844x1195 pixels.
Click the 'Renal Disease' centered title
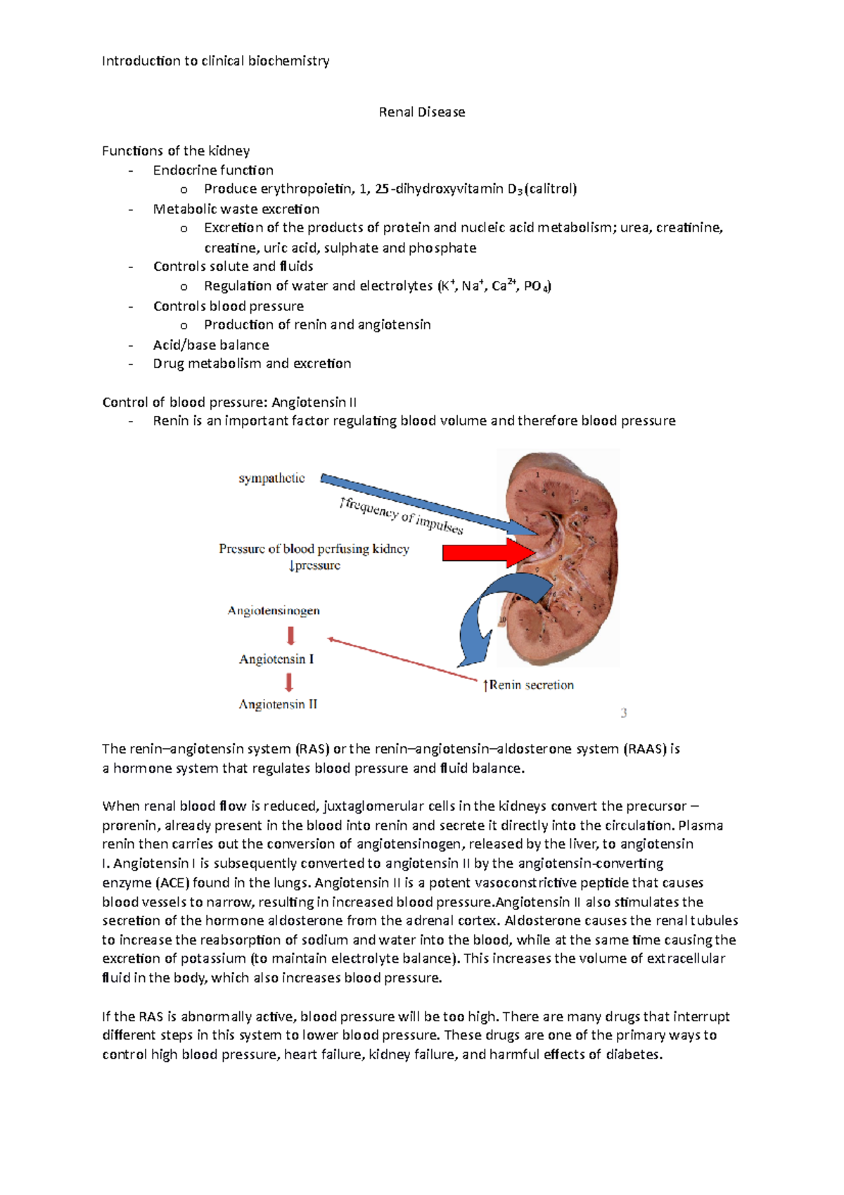[422, 112]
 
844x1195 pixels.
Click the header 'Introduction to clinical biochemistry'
[215, 61]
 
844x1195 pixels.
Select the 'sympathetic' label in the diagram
[271, 479]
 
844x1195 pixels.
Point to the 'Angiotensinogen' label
[274, 611]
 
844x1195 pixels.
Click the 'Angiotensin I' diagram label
[276, 659]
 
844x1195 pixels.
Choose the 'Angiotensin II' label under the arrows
[278, 704]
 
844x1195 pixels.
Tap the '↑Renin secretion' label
[528, 685]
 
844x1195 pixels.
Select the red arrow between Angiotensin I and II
[288, 682]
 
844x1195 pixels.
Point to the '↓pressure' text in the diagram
[314, 566]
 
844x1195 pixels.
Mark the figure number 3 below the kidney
[624, 713]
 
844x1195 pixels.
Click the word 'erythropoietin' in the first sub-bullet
[307, 189]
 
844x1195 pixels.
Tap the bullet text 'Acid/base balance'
[211, 345]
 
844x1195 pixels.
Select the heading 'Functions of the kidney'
[176, 151]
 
